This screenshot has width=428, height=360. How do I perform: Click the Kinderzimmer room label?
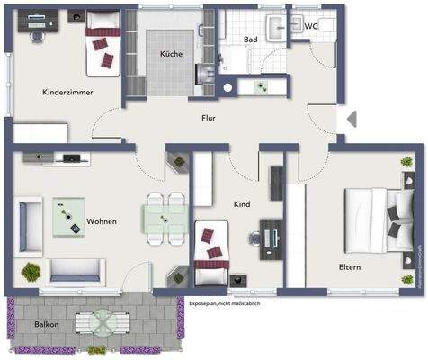tap(67, 92)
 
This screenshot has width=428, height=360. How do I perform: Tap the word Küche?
tap(171, 54)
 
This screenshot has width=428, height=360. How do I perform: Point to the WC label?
tap(311, 26)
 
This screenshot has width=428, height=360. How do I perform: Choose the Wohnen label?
tap(102, 220)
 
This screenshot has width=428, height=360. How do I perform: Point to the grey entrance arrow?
tap(352, 118)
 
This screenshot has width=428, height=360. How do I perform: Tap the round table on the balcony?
tap(102, 321)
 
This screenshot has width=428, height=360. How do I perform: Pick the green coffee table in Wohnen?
tap(67, 213)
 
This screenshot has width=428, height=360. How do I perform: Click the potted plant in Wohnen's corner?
tap(31, 270)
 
